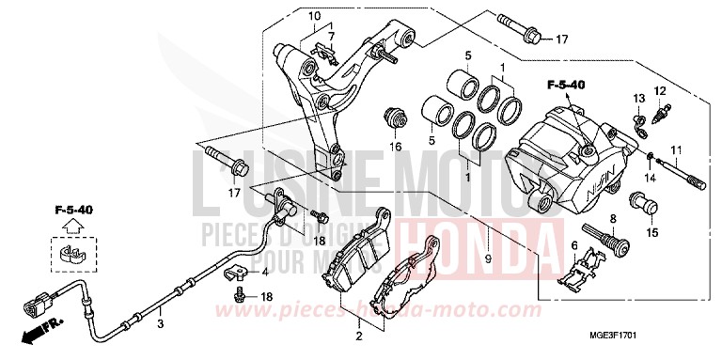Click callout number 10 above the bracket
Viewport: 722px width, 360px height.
point(314,16)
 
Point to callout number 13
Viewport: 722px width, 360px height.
point(637,99)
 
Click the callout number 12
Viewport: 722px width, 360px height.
point(660,90)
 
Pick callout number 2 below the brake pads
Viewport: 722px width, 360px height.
point(357,335)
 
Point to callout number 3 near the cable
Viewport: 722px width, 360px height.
point(161,323)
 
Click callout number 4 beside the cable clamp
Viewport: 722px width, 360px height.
point(264,273)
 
